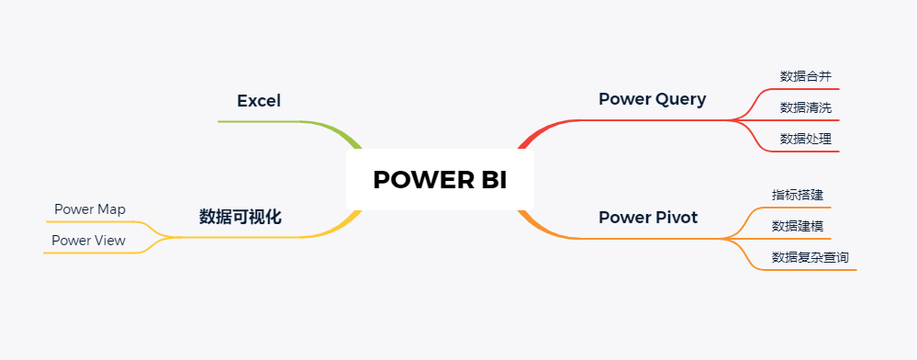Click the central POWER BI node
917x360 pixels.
(x=440, y=180)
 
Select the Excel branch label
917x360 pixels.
(x=259, y=101)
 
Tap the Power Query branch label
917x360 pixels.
(x=652, y=99)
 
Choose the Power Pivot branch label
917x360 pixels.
(x=647, y=218)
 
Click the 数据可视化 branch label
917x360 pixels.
(x=240, y=218)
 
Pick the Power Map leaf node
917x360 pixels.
(x=90, y=209)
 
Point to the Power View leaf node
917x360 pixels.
(x=88, y=241)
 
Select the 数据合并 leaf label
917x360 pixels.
(x=805, y=76)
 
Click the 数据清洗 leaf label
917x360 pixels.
(x=805, y=107)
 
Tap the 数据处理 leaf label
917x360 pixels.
(x=805, y=139)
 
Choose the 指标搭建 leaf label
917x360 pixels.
(x=797, y=195)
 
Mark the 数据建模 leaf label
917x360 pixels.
(x=797, y=226)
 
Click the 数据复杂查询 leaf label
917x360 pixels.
(x=810, y=257)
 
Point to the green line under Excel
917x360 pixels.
(x=266, y=121)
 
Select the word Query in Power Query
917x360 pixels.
(x=680, y=99)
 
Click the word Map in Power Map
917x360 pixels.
(x=112, y=209)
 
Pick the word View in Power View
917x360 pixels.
(x=110, y=241)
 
